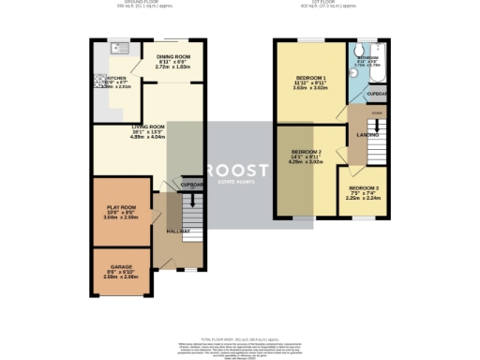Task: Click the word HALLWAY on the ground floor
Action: [178, 231]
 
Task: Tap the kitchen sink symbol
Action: [119, 46]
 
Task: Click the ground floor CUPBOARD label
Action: [191, 186]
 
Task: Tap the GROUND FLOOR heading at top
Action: [122, 4]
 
